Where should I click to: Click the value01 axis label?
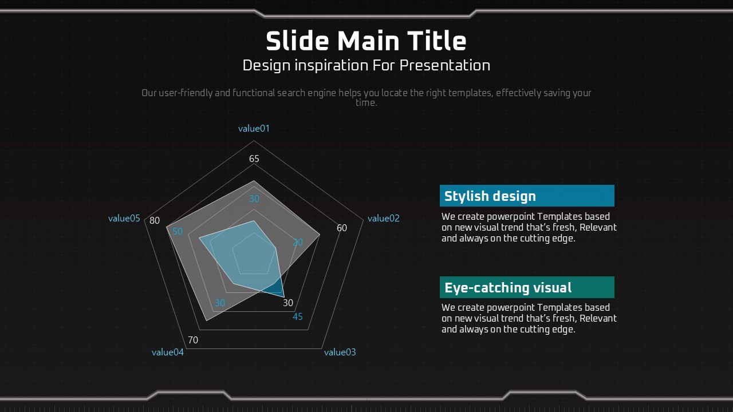tap(254, 129)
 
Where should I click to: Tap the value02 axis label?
tap(384, 218)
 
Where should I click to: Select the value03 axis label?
tap(340, 352)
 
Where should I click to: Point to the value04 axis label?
tap(168, 352)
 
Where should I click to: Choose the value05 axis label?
tap(124, 218)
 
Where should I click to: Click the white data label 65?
tap(254, 159)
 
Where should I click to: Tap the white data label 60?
tap(342, 228)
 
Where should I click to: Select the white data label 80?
tap(155, 220)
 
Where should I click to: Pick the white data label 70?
tap(193, 340)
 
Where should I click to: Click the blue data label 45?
tap(297, 316)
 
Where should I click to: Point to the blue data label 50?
tap(178, 231)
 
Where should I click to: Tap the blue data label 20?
tap(297, 242)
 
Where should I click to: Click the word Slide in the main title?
tap(297, 41)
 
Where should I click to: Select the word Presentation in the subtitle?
tap(445, 65)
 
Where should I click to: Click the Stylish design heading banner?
tap(527, 196)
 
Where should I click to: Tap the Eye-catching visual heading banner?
tap(527, 287)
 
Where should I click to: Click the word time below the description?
tap(366, 102)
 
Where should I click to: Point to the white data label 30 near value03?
tap(288, 303)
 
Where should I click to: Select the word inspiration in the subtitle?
tap(331, 65)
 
